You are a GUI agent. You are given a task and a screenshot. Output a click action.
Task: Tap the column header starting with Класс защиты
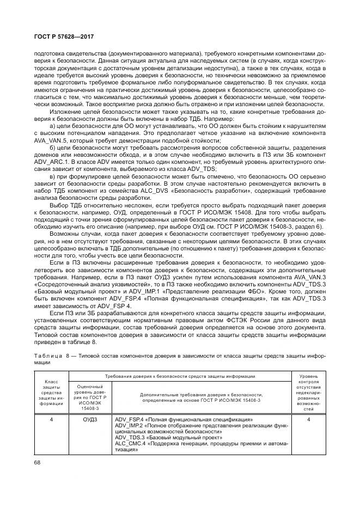(x=51, y=393)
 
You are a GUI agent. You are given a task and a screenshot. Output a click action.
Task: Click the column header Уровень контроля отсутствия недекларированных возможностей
(x=308, y=392)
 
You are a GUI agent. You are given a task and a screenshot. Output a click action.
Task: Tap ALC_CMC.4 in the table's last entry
(x=130, y=444)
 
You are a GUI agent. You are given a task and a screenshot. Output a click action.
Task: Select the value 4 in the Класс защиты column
(x=51, y=420)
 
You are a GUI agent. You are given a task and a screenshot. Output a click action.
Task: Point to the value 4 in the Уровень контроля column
(x=308, y=420)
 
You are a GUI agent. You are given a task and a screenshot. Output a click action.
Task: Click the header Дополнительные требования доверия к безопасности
(x=200, y=397)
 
